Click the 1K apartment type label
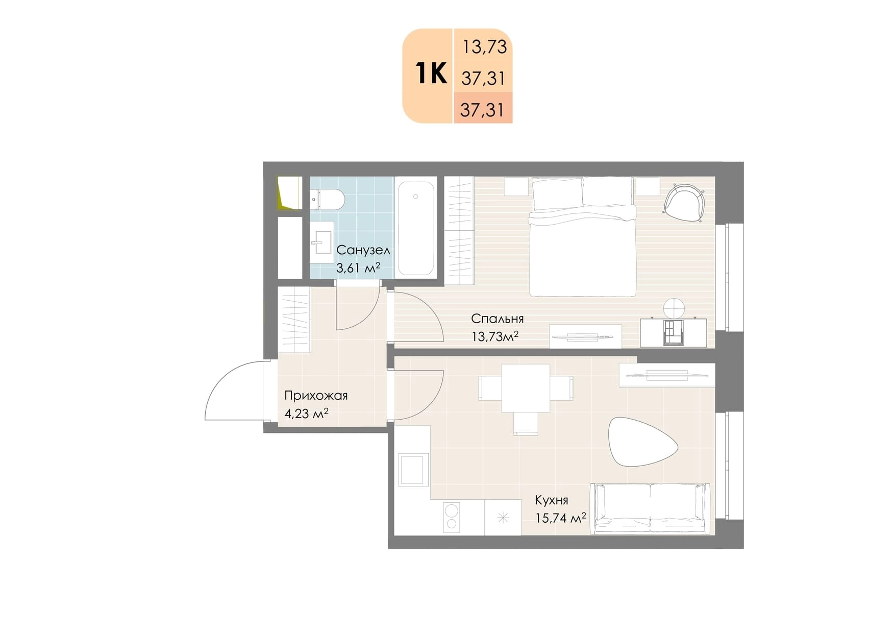[x=432, y=73]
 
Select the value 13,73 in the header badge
[x=484, y=47]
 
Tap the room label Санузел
[x=363, y=250]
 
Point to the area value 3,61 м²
[x=358, y=268]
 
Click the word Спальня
[x=497, y=319]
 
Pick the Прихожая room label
[x=316, y=396]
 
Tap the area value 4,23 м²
[x=306, y=413]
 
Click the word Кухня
[x=551, y=500]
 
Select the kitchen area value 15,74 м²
[x=560, y=518]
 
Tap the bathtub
[x=416, y=228]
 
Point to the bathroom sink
[x=321, y=242]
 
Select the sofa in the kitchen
[x=650, y=508]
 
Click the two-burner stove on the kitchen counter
[x=451, y=517]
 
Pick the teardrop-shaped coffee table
[x=642, y=442]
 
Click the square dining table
[x=526, y=388]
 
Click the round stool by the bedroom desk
[x=674, y=308]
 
